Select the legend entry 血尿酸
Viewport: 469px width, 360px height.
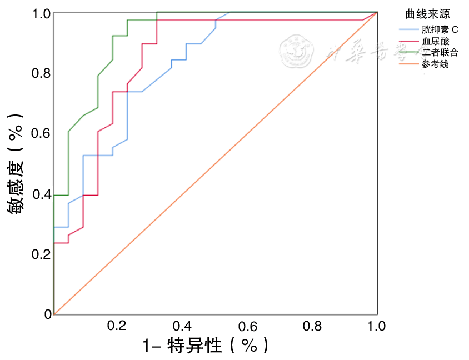[435, 41]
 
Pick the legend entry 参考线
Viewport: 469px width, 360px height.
[435, 64]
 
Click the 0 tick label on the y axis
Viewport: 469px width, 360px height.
[48, 314]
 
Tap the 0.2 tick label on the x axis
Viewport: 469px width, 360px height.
[117, 326]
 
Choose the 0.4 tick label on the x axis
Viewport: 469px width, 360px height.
[182, 326]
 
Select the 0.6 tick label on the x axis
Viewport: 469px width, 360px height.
[247, 326]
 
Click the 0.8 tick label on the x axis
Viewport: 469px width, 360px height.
[312, 326]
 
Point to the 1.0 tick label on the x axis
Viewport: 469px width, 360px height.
[376, 326]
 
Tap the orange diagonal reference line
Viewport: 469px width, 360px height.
[216, 164]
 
